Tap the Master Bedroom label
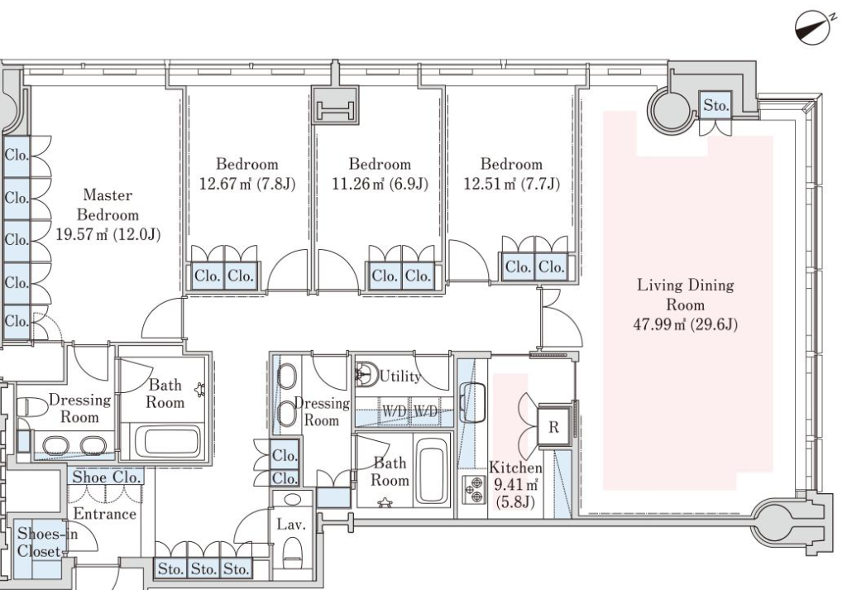coord(108,204)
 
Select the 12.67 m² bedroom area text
coord(247,184)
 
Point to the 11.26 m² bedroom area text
coord(380,184)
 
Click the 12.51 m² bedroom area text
coord(511,184)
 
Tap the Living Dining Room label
coord(686,295)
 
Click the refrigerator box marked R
coord(553,427)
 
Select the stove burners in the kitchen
coord(474,489)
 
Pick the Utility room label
coord(400,376)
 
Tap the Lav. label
coord(291,524)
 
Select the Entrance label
coord(105,513)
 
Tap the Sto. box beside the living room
coord(715,105)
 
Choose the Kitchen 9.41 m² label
coord(515,484)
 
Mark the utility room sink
coord(366,373)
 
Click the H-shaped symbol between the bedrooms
coord(336,112)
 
